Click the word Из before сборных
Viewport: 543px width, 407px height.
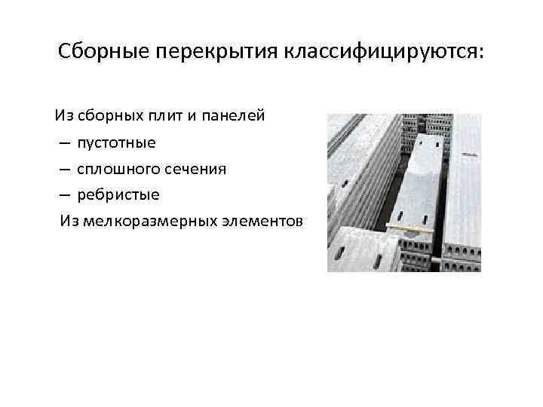coord(63,117)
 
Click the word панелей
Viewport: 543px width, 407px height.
coord(230,117)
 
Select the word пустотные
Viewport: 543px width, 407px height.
coord(116,143)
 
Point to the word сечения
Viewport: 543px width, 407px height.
coord(197,170)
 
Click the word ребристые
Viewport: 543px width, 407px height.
coord(118,195)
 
